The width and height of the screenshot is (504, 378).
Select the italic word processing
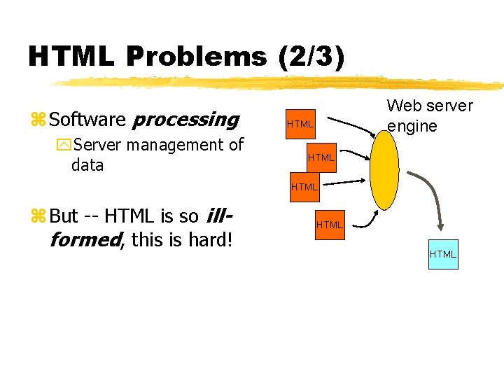click(185, 120)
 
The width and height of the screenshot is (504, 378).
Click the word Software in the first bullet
click(87, 120)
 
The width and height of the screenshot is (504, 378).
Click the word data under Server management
click(87, 165)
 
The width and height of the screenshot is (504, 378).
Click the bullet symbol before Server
click(64, 146)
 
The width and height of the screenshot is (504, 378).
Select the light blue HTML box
click(442, 253)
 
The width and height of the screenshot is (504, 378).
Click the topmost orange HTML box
click(300, 124)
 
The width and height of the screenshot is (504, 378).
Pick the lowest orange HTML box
click(329, 225)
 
